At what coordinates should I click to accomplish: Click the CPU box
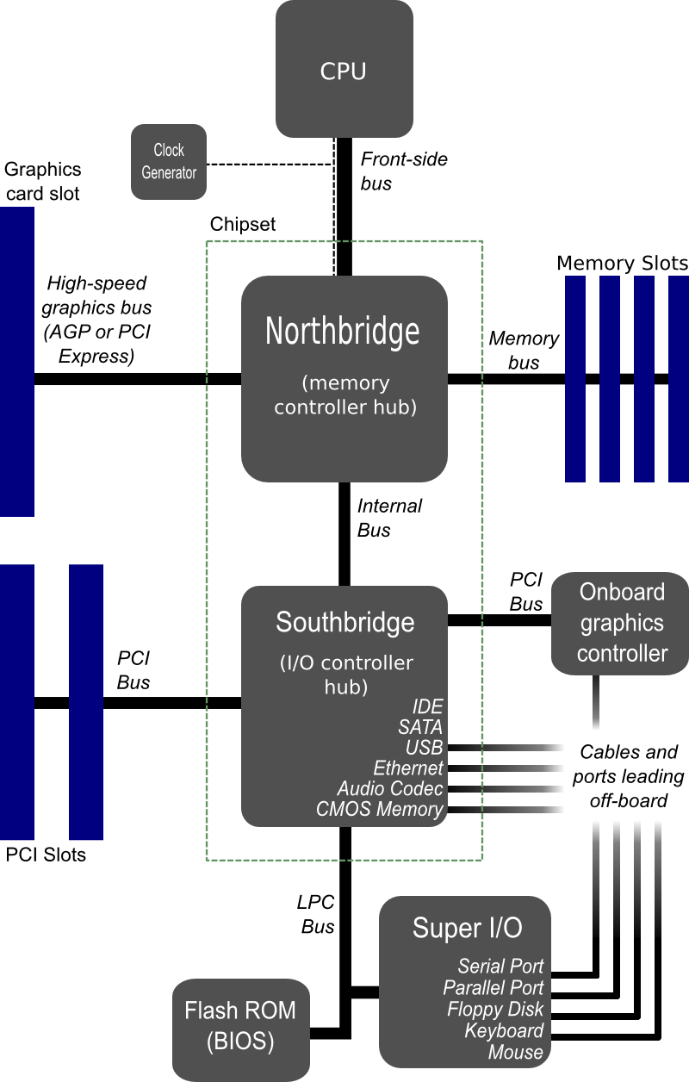(344, 69)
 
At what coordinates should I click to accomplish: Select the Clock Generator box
(169, 162)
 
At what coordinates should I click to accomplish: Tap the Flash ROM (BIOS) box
(240, 1026)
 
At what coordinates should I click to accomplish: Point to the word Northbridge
(343, 331)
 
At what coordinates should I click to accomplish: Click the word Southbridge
(344, 621)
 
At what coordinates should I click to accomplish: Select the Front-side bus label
(403, 171)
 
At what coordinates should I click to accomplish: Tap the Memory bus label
(524, 350)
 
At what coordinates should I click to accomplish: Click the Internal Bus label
(388, 518)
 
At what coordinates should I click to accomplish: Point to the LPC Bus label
(316, 915)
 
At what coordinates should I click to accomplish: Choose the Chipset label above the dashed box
(243, 224)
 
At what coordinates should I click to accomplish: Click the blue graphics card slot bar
(16, 362)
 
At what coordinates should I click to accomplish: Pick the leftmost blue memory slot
(574, 379)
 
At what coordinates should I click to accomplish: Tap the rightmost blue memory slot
(679, 379)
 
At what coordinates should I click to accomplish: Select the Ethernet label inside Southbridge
(407, 768)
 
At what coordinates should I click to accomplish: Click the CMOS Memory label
(379, 809)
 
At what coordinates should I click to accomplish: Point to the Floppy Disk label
(494, 1009)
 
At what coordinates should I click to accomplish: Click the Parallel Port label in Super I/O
(493, 987)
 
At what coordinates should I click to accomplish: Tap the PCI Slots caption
(46, 855)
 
